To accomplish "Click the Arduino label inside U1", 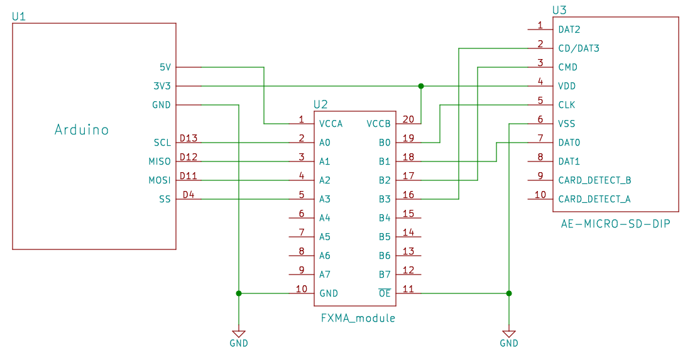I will pos(82,130).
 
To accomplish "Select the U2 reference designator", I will pos(320,104).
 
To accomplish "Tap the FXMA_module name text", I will pos(358,319).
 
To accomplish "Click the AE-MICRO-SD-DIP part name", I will pos(615,224).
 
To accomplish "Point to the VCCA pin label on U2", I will pos(331,124).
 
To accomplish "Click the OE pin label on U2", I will pos(384,293).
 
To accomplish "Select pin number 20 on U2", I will pos(408,119).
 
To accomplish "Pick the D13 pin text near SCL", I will pos(189,138).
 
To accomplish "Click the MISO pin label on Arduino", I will pos(160,161).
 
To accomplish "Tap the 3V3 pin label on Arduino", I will pos(162,86).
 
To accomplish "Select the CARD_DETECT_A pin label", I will pos(594,199).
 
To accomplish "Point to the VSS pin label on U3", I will pos(566,124).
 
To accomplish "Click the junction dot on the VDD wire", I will pos(421,86).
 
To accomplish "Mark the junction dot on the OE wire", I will pos(509,293).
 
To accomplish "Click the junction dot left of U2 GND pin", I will pos(239,293).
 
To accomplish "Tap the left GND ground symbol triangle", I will pos(239,334).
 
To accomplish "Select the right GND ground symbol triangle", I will pos(509,334).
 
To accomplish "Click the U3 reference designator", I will pos(559,10).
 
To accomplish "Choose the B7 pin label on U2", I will pos(384,275).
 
